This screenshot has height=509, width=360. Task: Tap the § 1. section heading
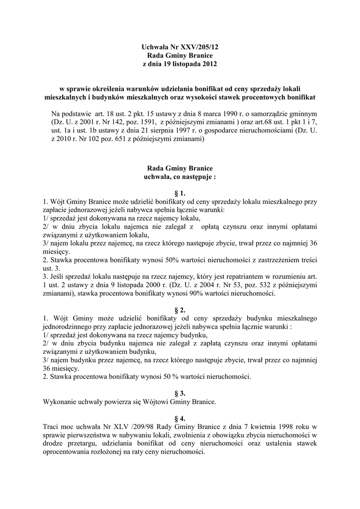180,192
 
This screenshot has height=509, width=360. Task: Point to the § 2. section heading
180,310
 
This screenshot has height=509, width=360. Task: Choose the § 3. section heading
180,393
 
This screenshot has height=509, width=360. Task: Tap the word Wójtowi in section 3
156,402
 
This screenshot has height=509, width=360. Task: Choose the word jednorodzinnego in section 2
68,327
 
